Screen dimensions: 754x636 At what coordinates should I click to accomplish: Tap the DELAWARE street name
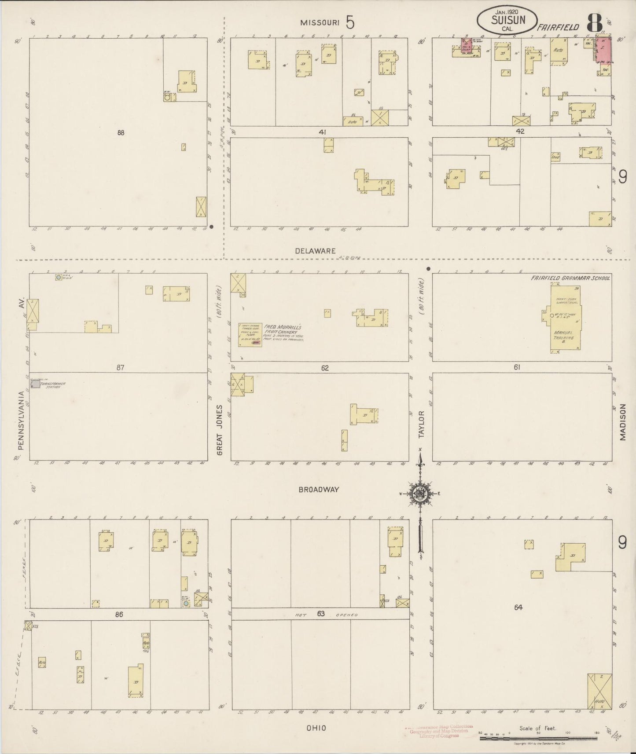(315, 251)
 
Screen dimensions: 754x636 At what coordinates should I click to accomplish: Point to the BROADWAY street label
(319, 489)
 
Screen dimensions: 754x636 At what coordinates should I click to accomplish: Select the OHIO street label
(316, 728)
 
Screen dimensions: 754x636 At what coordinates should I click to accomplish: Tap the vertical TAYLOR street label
(421, 425)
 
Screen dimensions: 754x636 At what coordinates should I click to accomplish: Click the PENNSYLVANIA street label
(20, 420)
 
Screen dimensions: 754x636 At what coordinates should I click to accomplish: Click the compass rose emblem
(420, 494)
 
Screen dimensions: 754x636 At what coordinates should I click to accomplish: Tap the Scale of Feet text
(538, 728)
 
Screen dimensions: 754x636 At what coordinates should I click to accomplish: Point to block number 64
(518, 608)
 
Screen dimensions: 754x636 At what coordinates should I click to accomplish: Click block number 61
(517, 367)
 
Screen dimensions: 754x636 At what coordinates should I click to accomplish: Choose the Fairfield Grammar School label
(570, 278)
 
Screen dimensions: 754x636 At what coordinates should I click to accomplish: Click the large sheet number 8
(594, 24)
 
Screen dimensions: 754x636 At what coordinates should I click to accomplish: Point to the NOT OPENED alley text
(320, 615)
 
